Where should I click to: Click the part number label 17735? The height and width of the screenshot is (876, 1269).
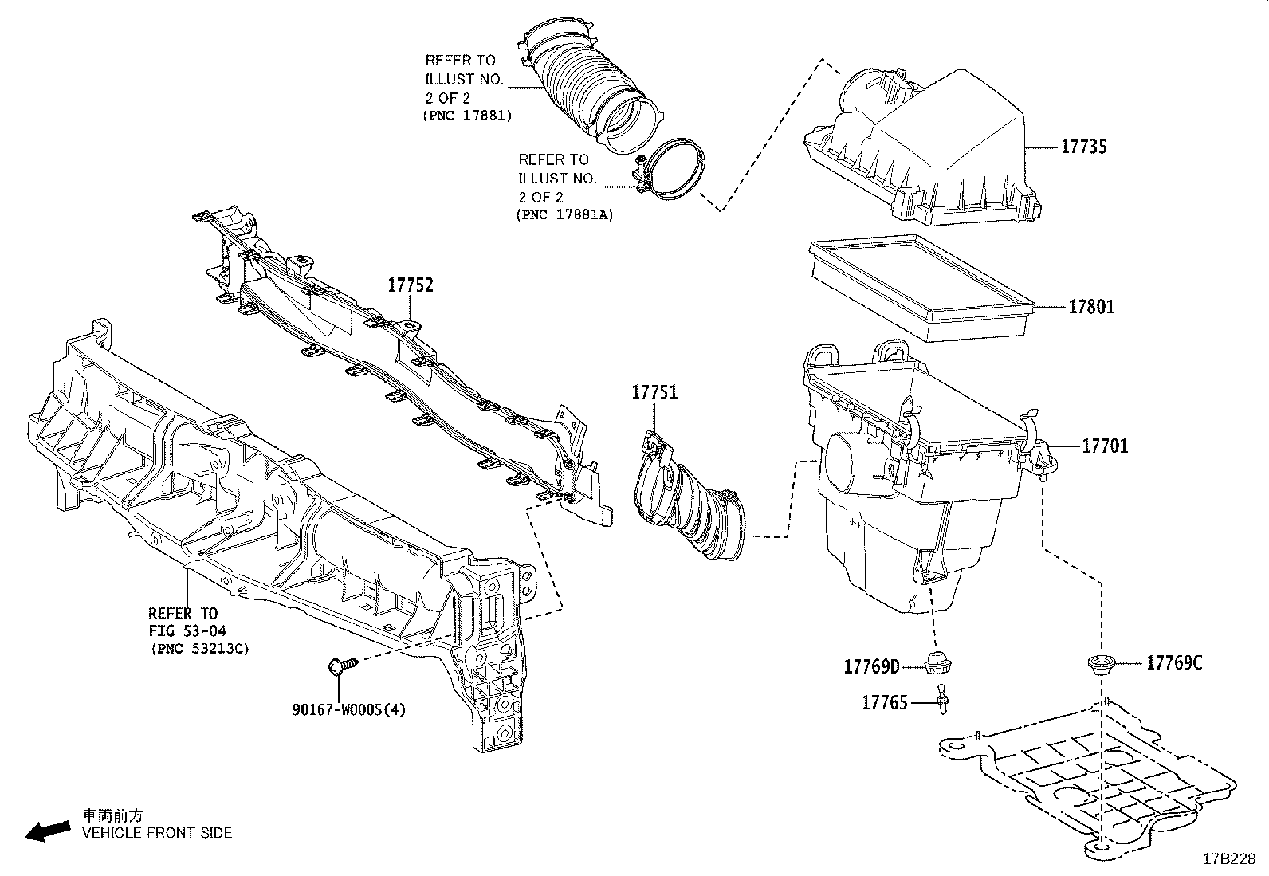tap(1083, 147)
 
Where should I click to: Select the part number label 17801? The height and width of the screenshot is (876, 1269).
tap(1091, 307)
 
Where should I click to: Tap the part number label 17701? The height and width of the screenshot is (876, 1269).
tap(1105, 446)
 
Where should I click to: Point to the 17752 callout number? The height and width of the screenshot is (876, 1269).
tap(411, 285)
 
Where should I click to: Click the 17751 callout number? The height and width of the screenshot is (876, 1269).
tap(654, 392)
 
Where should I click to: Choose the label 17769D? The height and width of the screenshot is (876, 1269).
tap(871, 666)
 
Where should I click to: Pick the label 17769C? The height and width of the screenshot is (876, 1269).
tap(1174, 662)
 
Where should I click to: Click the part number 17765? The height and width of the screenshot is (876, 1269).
tap(884, 703)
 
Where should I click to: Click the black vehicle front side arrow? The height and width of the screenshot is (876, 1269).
tap(46, 831)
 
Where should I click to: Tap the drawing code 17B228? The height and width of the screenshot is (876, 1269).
tap(1229, 858)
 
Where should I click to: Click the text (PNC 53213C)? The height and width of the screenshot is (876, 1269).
tap(199, 649)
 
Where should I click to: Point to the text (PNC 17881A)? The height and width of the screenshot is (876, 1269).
tap(564, 215)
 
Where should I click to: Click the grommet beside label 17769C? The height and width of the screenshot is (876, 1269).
tap(1101, 664)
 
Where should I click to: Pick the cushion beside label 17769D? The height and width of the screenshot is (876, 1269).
tap(937, 662)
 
